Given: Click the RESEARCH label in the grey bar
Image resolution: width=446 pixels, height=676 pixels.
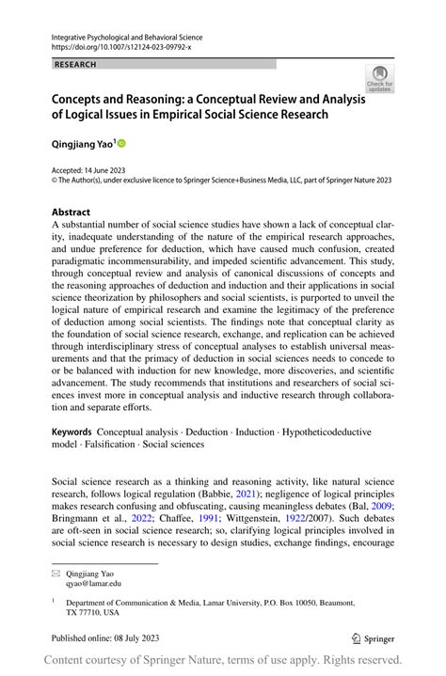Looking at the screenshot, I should (76, 64).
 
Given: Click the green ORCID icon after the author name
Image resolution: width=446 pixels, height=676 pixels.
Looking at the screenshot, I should (120, 144).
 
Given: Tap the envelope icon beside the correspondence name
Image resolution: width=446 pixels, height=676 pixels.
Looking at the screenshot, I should (56, 572).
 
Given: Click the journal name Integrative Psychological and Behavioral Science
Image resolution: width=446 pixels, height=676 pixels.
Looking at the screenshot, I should (127, 36).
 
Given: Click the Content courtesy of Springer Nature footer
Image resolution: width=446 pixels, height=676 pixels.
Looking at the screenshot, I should (222, 660).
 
